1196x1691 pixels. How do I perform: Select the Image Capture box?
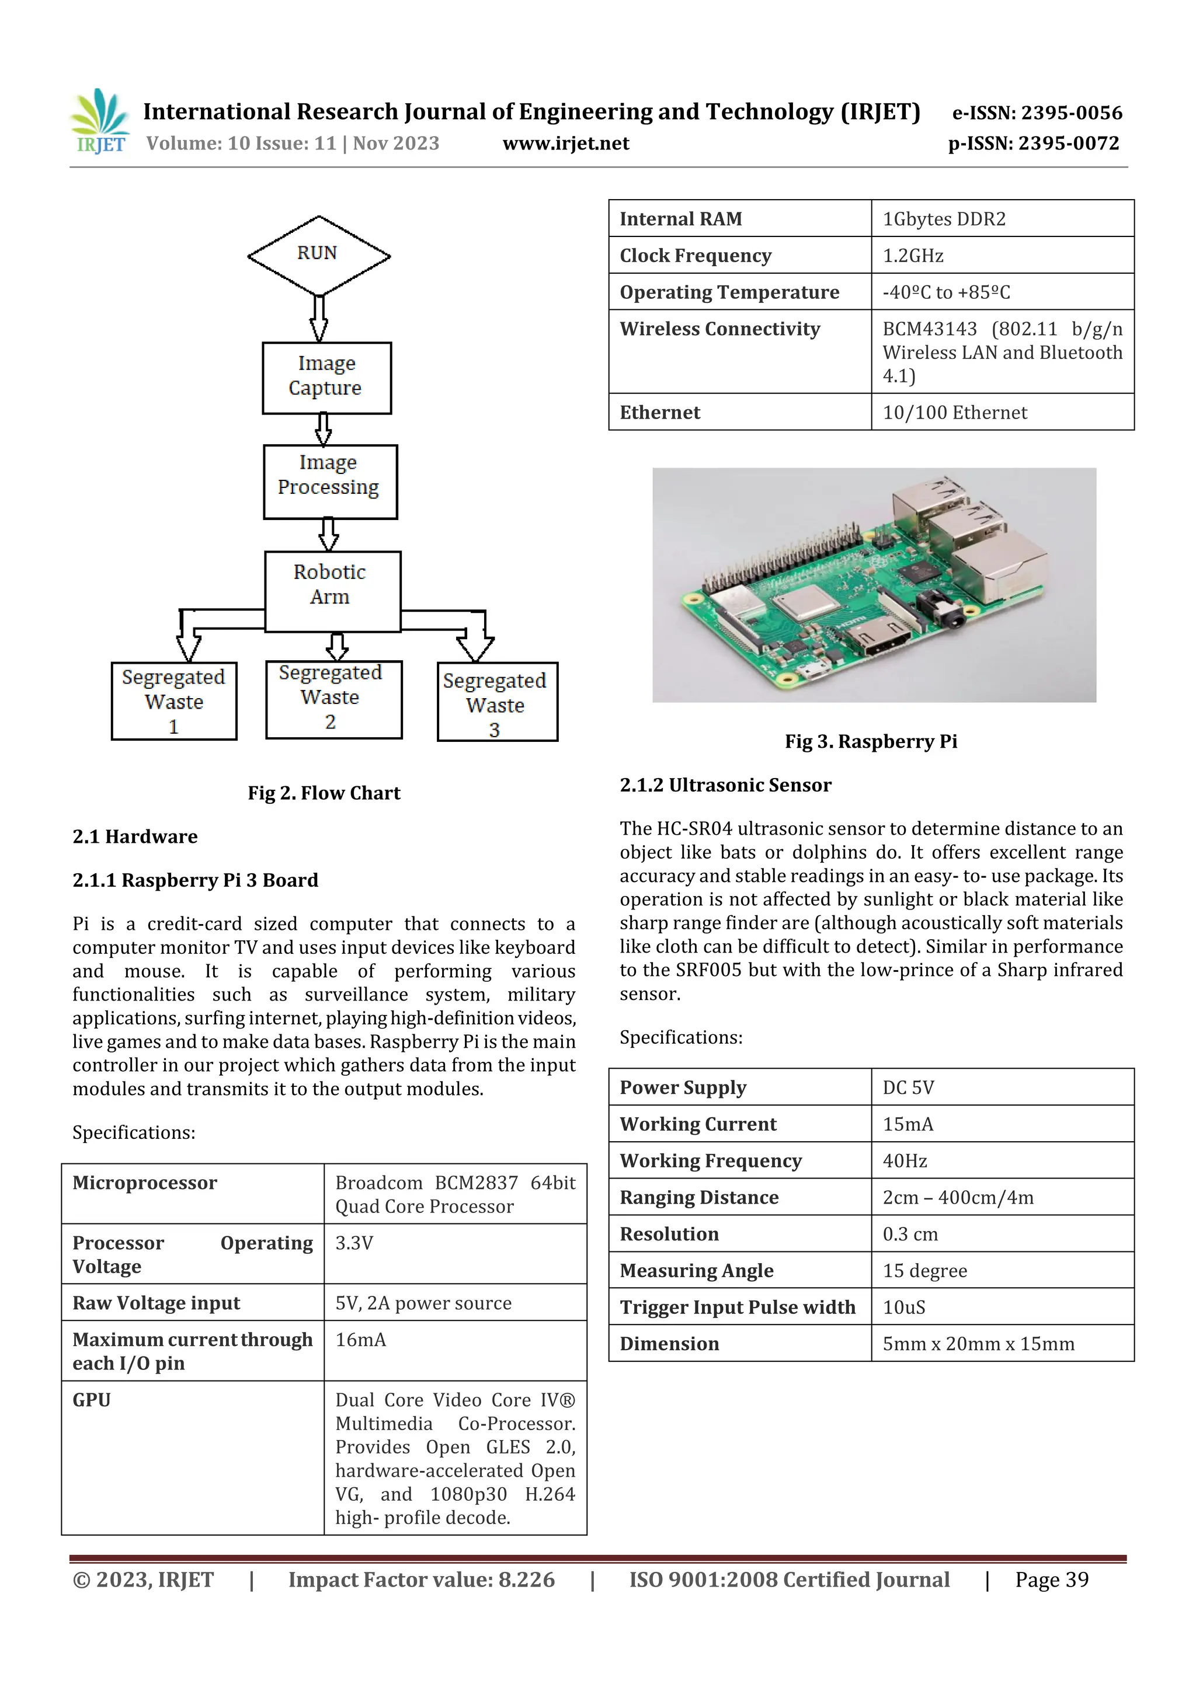tap(326, 377)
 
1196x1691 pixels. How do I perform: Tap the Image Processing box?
tap(329, 481)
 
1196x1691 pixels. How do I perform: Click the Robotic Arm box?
tap(332, 591)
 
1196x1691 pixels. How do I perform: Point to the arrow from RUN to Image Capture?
tap(319, 318)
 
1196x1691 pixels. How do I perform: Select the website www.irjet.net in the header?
tap(565, 143)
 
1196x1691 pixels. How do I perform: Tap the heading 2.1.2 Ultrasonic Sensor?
tap(725, 785)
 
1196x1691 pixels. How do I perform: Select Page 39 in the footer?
tap(1052, 1579)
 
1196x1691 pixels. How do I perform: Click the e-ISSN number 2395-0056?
tap(1037, 113)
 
